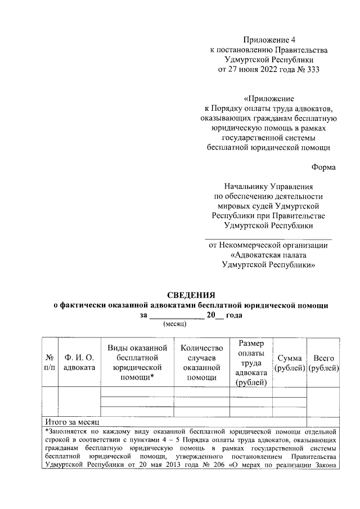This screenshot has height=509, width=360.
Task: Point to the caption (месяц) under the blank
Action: (x=174, y=325)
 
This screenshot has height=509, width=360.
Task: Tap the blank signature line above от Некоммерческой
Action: (x=268, y=239)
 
